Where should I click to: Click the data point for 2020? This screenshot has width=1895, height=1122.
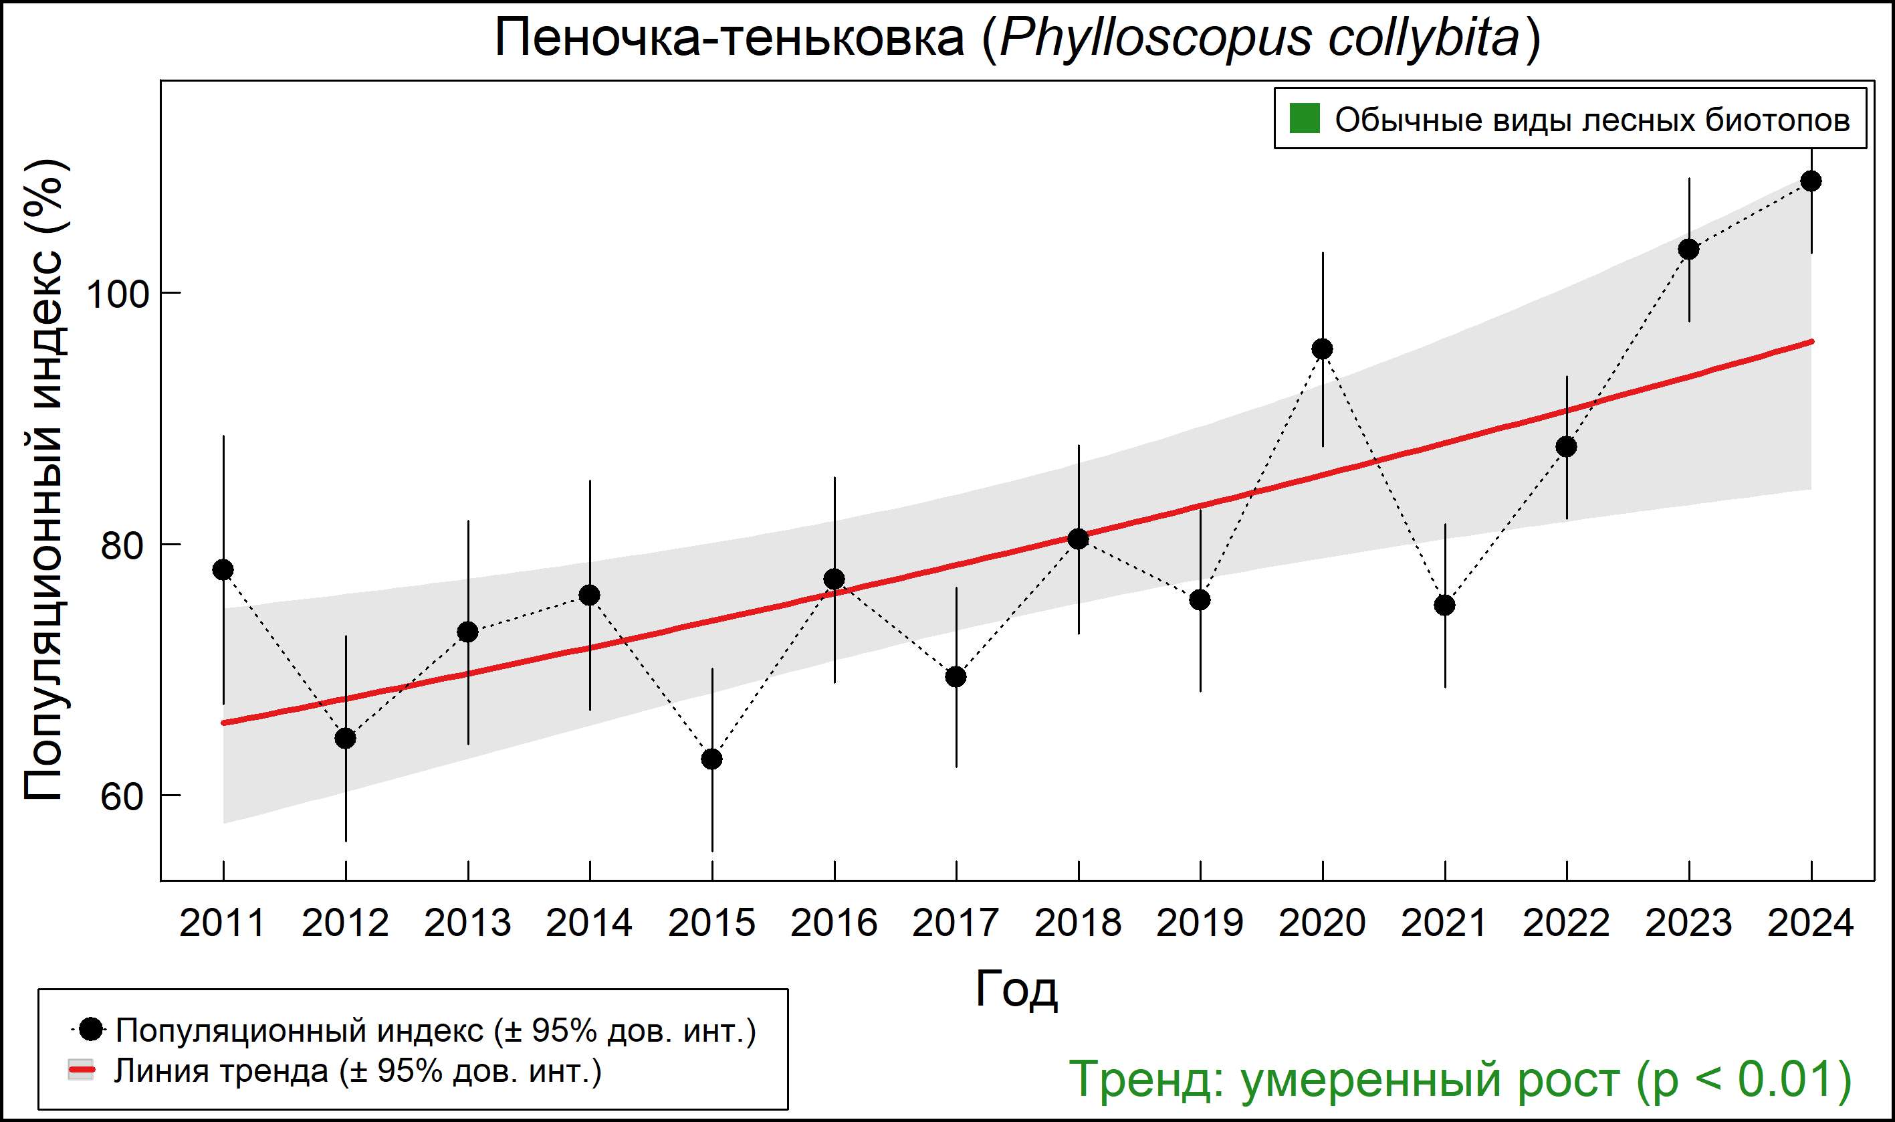[x=1322, y=349]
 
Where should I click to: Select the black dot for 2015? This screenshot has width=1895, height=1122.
[x=711, y=758]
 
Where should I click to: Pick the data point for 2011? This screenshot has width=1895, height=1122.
[x=223, y=570]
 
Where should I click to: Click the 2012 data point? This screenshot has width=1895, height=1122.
[x=345, y=738]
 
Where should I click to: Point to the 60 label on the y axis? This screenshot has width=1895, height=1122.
[x=122, y=796]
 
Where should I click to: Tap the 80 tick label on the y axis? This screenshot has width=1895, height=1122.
[x=122, y=545]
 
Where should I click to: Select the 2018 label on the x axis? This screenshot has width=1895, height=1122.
[x=1077, y=923]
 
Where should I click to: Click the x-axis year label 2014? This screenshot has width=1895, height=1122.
[x=589, y=923]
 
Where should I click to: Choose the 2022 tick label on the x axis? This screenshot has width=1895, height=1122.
[x=1566, y=923]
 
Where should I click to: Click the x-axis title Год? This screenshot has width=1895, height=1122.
[x=1016, y=989]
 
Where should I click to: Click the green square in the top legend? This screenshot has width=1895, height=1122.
[x=1304, y=118]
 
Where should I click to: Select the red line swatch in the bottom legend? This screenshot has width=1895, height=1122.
[x=82, y=1070]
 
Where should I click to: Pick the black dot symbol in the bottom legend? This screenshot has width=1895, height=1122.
[x=92, y=1029]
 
